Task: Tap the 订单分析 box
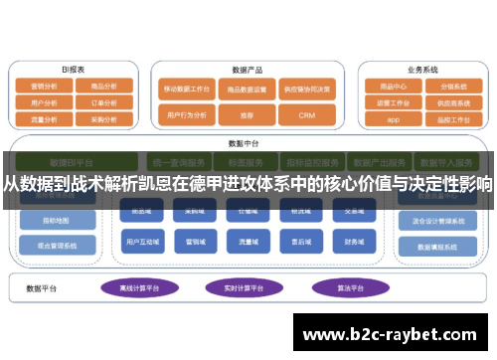click(x=103, y=101)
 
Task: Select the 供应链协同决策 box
click(x=307, y=88)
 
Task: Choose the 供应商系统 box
click(x=453, y=102)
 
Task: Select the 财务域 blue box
click(x=355, y=241)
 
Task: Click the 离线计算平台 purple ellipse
click(x=139, y=288)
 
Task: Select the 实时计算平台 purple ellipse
click(x=242, y=288)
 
